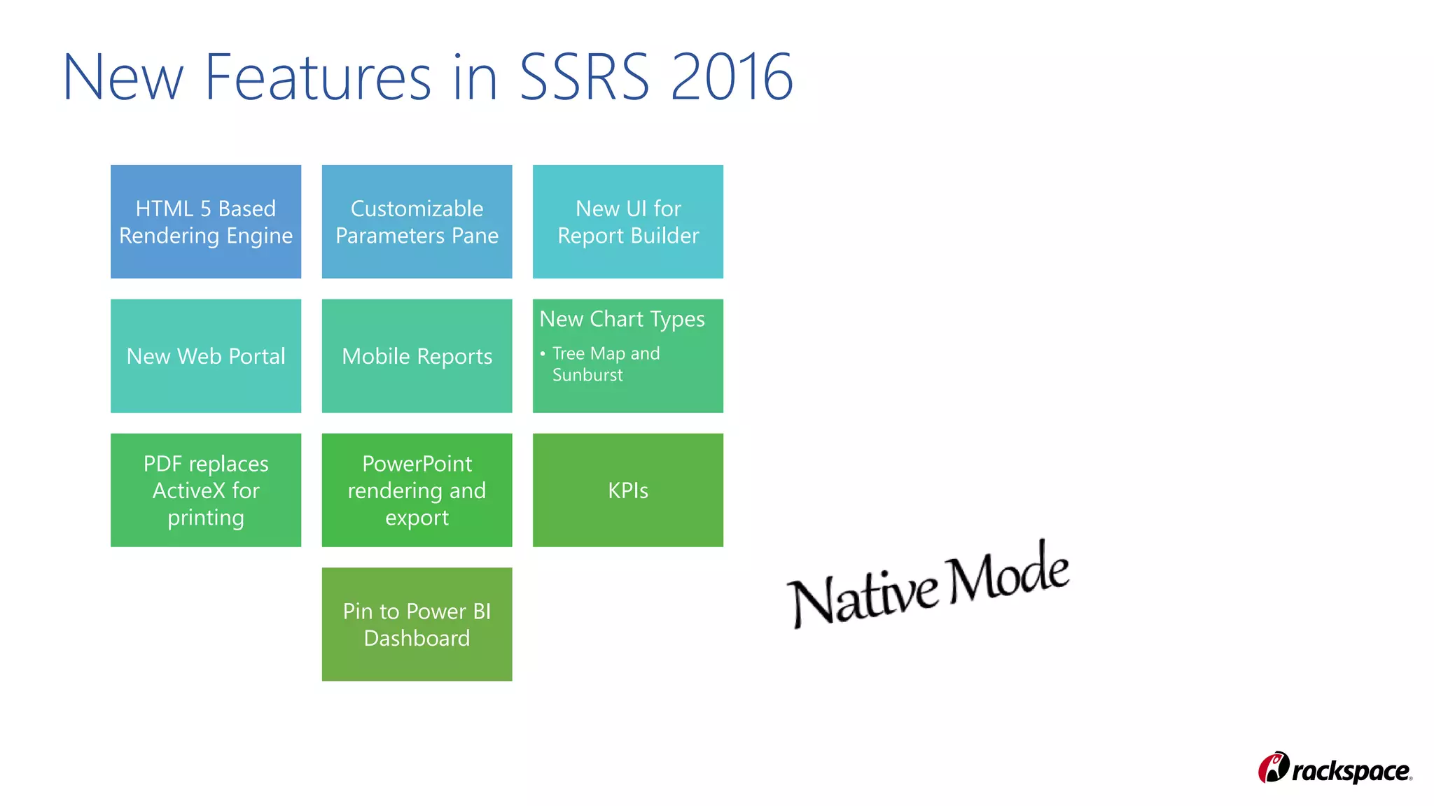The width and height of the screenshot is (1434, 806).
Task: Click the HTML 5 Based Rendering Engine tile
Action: tap(206, 222)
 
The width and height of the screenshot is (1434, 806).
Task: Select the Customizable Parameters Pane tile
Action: tap(417, 222)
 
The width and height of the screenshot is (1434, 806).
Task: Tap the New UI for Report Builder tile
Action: tap(628, 222)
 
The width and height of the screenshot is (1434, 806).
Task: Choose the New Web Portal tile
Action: tap(206, 356)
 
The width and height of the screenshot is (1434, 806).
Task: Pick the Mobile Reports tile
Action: tap(417, 356)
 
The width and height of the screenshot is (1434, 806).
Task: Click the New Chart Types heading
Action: tap(622, 319)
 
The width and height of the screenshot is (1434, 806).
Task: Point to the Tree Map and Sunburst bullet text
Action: tap(606, 364)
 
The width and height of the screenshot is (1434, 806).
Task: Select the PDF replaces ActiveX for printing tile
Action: tap(206, 490)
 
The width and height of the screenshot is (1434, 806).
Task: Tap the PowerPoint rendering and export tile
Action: tap(417, 490)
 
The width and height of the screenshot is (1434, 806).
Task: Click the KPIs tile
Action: tap(628, 490)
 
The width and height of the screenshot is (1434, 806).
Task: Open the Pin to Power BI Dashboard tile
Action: tap(417, 624)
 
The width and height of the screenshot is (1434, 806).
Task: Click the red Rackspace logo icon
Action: tap(1273, 768)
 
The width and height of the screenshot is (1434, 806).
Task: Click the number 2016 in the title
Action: tap(731, 77)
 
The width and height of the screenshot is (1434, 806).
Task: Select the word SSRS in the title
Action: tap(584, 77)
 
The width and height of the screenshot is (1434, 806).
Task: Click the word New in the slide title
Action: tap(123, 77)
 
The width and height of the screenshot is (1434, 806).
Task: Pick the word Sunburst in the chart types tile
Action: tap(587, 375)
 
